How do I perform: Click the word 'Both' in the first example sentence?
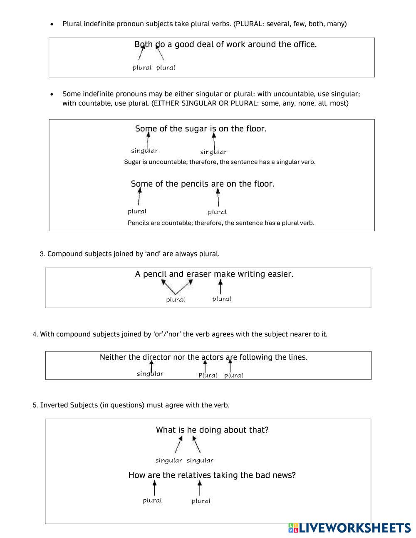(x=144, y=44)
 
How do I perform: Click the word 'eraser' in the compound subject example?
(x=198, y=274)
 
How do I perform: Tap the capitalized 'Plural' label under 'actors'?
(x=208, y=375)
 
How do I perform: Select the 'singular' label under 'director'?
(x=150, y=374)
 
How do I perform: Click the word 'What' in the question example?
(x=166, y=430)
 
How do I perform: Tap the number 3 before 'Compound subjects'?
(x=42, y=254)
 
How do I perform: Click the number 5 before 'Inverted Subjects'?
(x=35, y=405)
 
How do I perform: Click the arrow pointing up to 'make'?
(x=220, y=286)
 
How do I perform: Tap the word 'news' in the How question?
(x=284, y=475)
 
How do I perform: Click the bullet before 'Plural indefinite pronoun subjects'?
(x=52, y=25)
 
